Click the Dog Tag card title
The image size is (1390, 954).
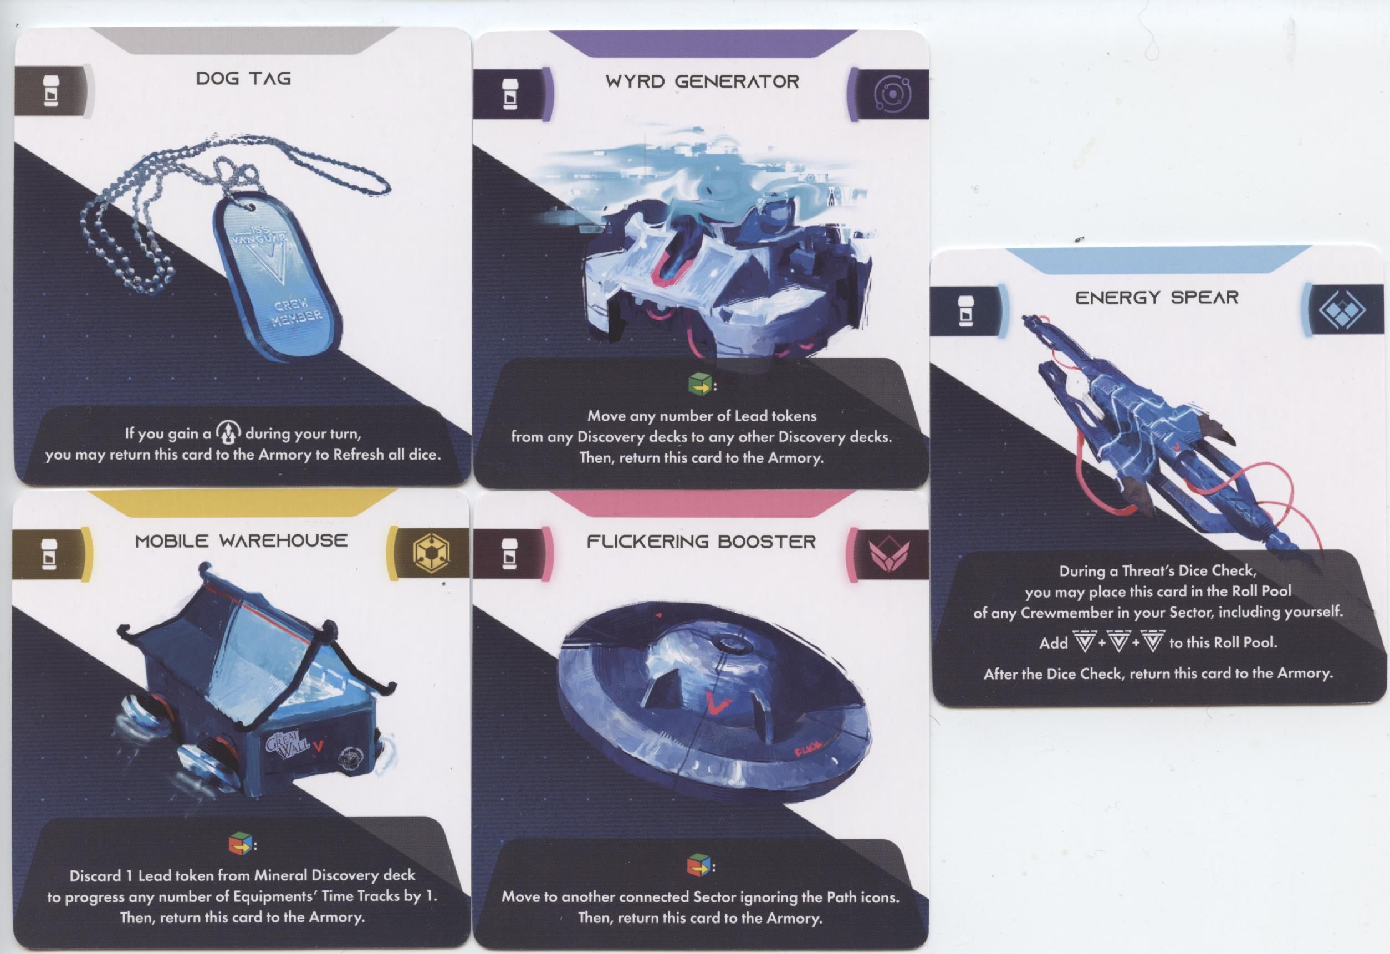pos(243,78)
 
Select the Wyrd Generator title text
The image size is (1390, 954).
pos(702,81)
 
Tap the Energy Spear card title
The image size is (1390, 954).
pos(1157,297)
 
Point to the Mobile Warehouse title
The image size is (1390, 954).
pos(241,540)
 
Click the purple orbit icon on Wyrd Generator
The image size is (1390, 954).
pos(892,94)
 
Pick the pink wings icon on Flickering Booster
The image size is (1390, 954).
pos(890,553)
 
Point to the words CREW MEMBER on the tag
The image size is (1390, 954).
pos(297,313)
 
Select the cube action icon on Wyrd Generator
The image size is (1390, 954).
pos(700,384)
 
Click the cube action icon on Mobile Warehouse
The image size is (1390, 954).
pos(241,843)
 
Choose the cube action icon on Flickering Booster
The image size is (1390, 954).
pos(698,865)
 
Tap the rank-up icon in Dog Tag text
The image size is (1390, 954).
pos(228,431)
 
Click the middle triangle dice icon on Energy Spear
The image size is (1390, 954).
pos(1118,642)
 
